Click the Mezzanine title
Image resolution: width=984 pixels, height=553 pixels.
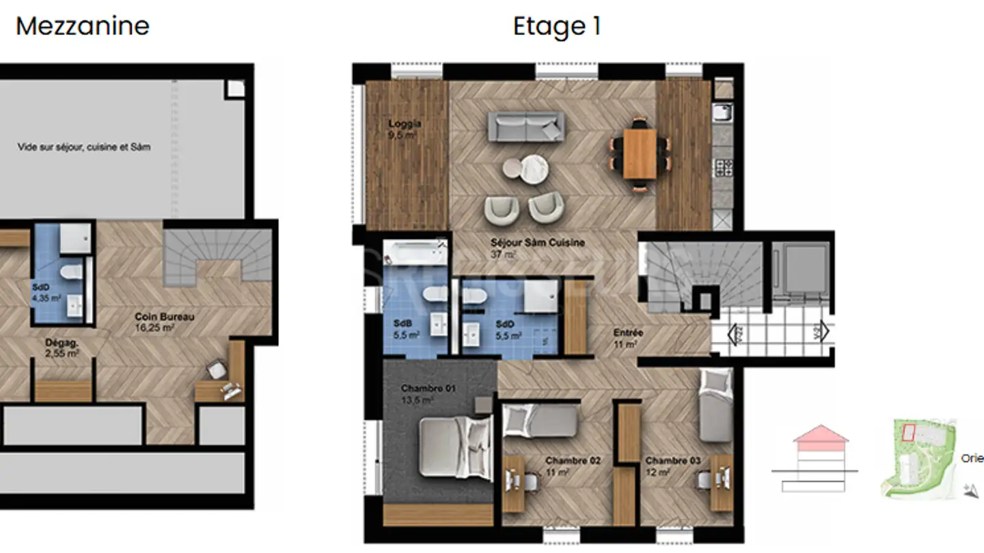pos(82,27)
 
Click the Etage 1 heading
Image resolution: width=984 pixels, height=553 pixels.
pos(557,27)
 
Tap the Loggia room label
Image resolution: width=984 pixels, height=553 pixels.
pos(405,124)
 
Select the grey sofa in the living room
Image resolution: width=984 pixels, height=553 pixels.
pos(526,127)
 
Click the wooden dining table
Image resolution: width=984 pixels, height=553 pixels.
pos(640,154)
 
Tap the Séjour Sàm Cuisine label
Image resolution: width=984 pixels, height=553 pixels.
pos(537,242)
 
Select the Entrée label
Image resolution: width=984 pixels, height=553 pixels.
pos(628,332)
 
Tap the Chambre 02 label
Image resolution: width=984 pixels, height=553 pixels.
pos(573,461)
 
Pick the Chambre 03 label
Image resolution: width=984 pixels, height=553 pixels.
pos(673,461)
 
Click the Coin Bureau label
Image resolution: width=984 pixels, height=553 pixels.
pos(165,317)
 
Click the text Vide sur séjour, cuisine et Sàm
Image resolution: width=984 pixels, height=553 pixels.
pos(84,147)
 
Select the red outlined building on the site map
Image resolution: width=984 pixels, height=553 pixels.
pos(908,431)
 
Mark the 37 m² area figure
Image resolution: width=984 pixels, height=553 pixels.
pos(503,255)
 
